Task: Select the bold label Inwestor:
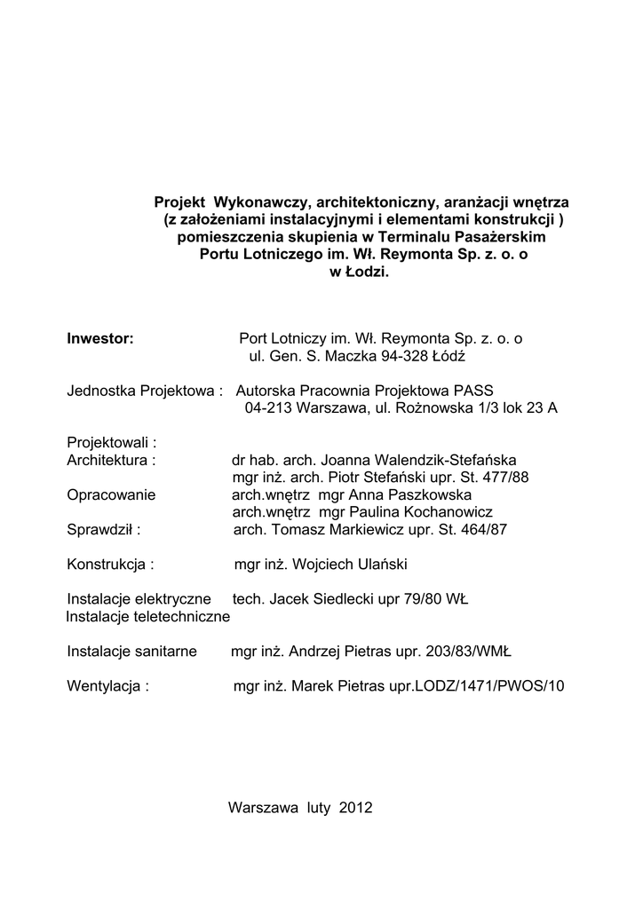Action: (100, 338)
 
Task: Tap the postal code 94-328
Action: (404, 356)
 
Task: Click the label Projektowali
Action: (111, 442)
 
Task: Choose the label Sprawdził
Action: (104, 530)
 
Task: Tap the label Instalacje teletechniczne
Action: (148, 616)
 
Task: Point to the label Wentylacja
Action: (107, 686)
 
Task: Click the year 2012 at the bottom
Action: (355, 808)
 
